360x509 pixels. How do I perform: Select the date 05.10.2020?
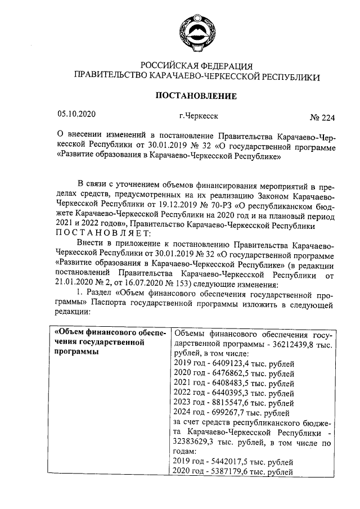point(77,114)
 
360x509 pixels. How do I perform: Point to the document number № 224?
point(322,118)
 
